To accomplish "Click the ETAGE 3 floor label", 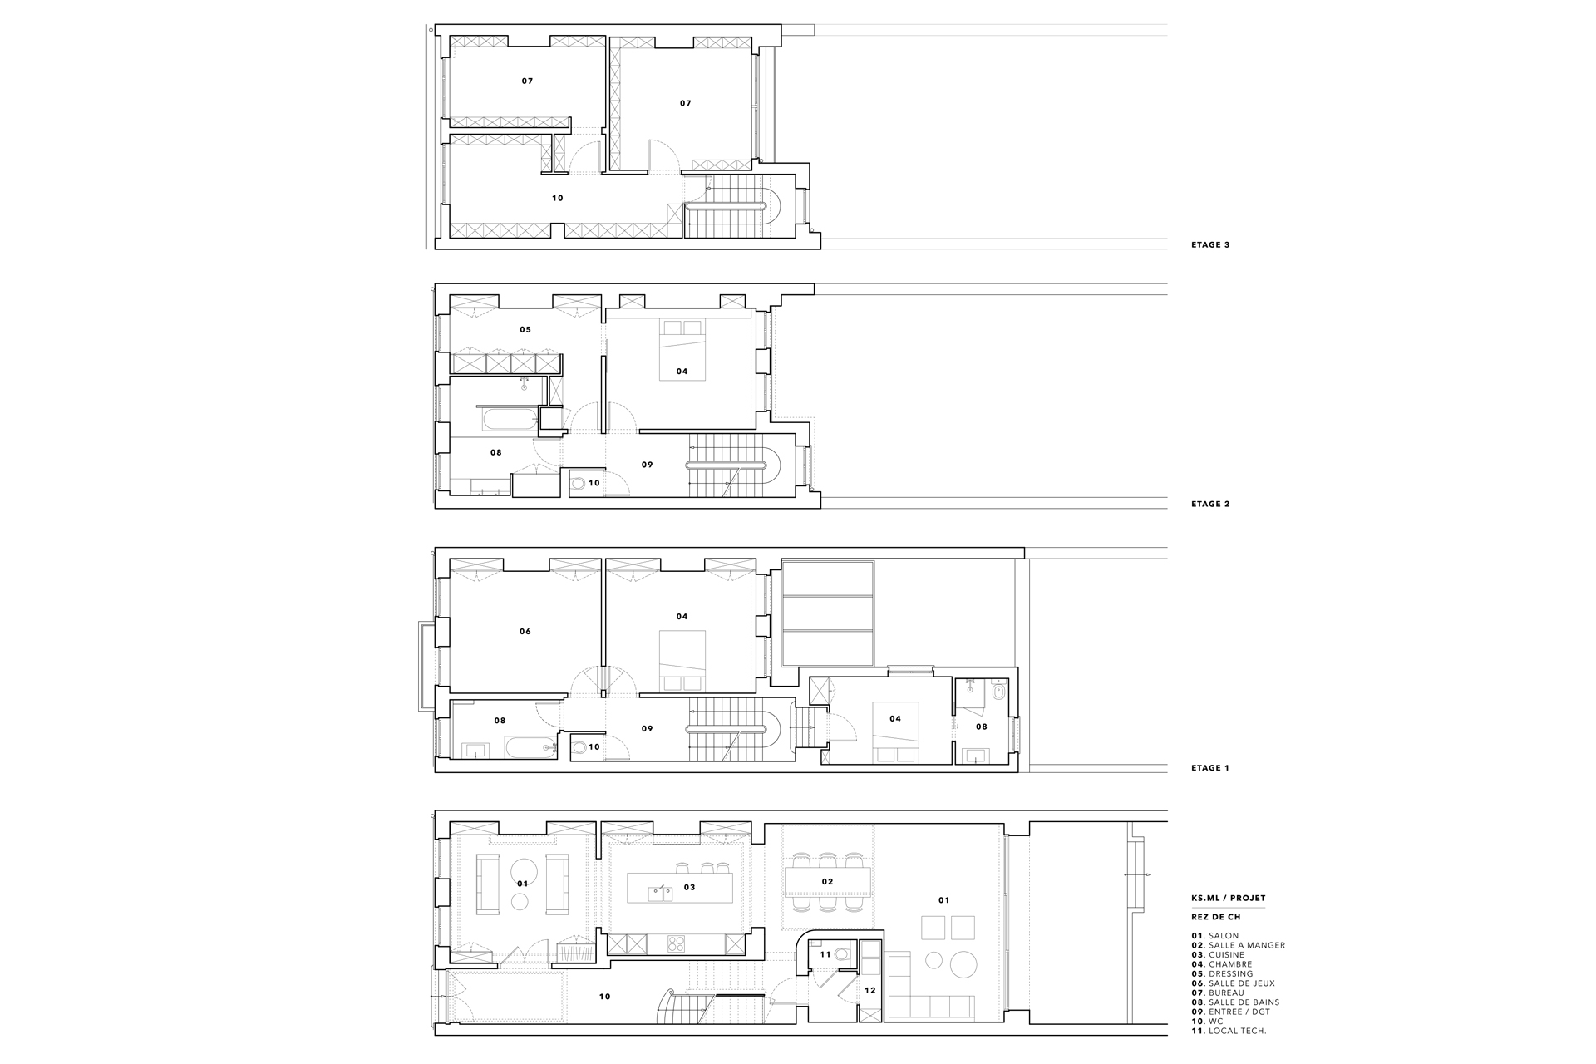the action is pos(1210,245).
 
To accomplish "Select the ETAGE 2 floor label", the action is pos(1210,504).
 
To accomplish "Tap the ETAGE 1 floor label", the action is pos(1210,768).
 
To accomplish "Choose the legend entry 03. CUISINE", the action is pos(1218,955).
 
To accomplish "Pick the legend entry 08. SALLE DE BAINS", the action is pos(1235,1002).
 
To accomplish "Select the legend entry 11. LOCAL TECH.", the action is pos(1229,1032).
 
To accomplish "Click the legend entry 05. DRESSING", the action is pos(1221,974).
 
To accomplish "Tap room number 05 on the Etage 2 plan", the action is pos(525,330).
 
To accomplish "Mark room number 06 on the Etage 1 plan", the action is pos(525,632).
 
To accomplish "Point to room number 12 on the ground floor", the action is pos(869,991).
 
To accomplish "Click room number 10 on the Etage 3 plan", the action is pos(558,199).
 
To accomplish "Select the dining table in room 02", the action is pos(828,881).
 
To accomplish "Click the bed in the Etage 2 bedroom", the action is pos(682,351).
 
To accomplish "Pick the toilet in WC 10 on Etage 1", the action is pos(579,746).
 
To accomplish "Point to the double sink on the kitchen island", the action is pos(661,894).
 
